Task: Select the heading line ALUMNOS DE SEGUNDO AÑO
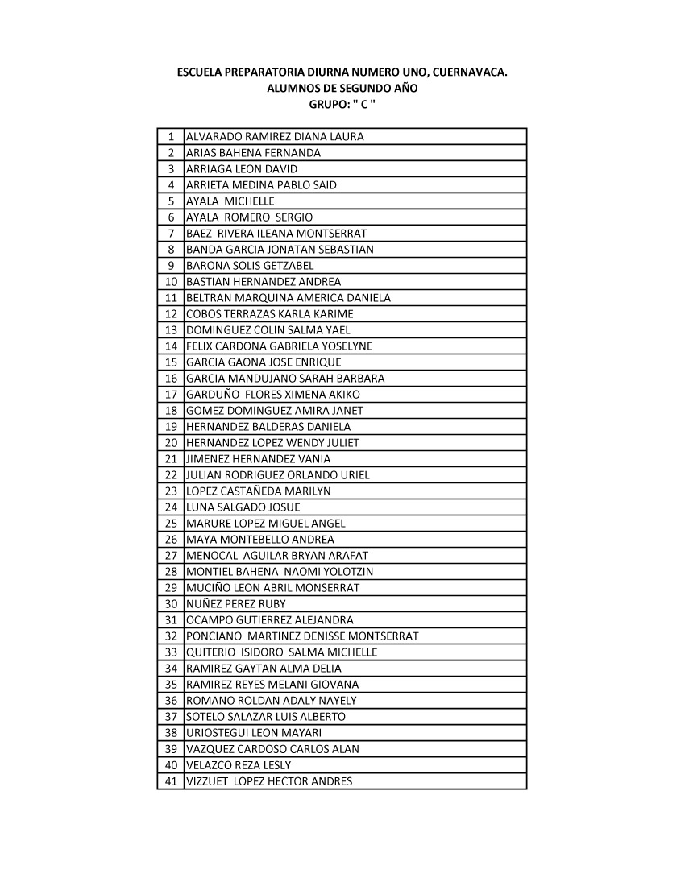[x=342, y=88]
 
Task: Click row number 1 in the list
[x=172, y=137]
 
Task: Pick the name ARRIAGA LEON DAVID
[x=242, y=169]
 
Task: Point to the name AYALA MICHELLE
[x=230, y=201]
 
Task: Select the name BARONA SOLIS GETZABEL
[x=250, y=266]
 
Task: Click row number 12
[x=171, y=314]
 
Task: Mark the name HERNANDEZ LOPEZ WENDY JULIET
[x=272, y=443]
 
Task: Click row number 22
[x=171, y=475]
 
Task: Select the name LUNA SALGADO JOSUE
[x=243, y=507]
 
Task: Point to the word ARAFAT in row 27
[x=350, y=556]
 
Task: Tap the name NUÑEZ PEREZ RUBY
[x=236, y=604]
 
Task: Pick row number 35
[x=171, y=685]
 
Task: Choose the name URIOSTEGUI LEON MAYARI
[x=254, y=733]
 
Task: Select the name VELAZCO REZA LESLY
[x=239, y=765]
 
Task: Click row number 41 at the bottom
[x=171, y=781]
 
